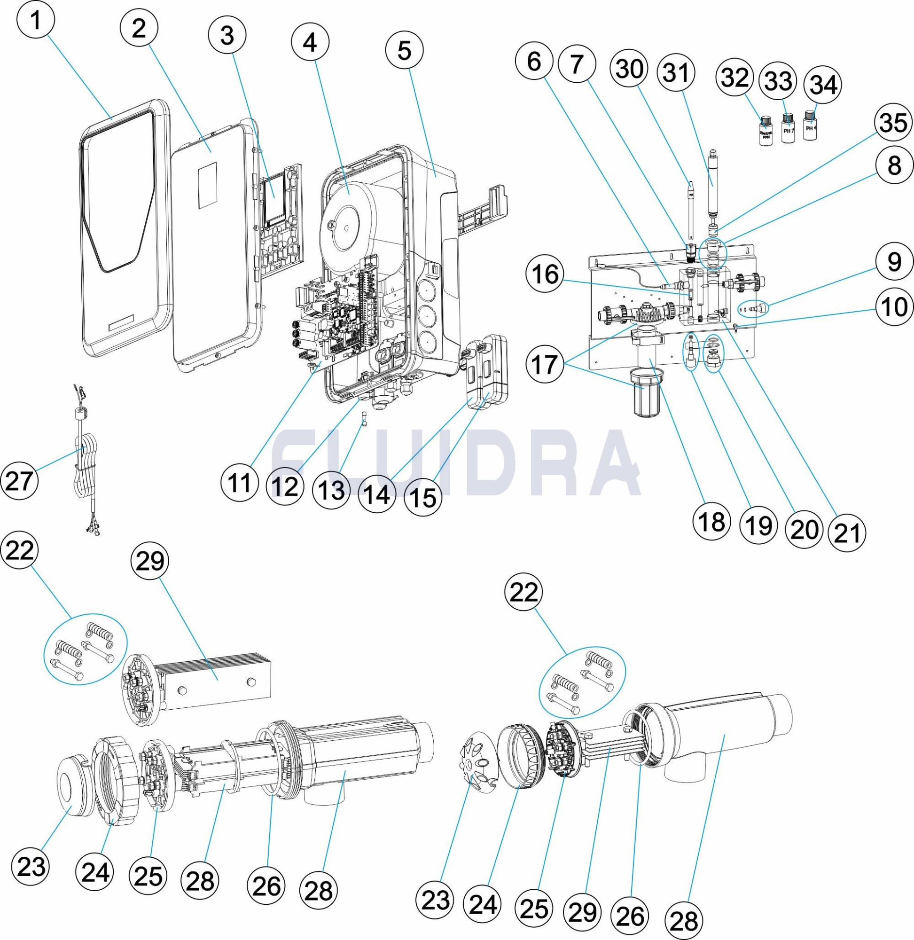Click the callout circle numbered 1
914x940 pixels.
[x=36, y=21]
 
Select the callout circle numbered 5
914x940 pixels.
[x=405, y=51]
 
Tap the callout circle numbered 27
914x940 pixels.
[x=19, y=480]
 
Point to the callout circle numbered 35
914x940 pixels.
[x=892, y=124]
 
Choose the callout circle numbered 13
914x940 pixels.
[x=331, y=490]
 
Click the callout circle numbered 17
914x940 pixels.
[x=545, y=364]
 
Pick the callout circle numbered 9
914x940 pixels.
[x=893, y=263]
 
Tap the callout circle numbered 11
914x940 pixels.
[x=240, y=483]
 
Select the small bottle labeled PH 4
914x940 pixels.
[x=810, y=126]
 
